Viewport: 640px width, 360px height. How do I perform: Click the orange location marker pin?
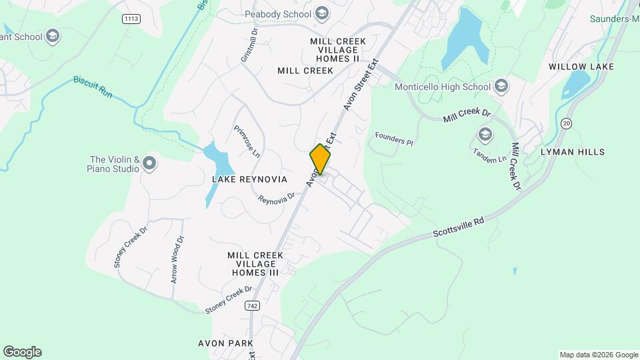pos(321,159)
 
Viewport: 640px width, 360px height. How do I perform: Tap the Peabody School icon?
pos(323,14)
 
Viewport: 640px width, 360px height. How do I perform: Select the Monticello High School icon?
pos(501,87)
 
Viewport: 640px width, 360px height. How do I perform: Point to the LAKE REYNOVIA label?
pos(249,179)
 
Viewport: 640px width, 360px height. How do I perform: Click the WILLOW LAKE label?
pos(581,67)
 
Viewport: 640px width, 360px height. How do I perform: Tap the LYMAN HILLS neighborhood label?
pos(573,152)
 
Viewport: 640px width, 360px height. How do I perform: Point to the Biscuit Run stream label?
pos(92,87)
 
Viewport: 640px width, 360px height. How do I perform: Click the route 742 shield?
pos(251,305)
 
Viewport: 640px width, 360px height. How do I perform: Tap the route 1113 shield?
pos(131,19)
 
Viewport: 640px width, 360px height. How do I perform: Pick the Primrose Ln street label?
pos(246,142)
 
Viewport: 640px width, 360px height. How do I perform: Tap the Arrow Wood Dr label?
pos(176,260)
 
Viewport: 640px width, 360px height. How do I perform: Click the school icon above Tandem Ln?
pos(485,136)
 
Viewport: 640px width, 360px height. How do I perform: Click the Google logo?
pos(22,352)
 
